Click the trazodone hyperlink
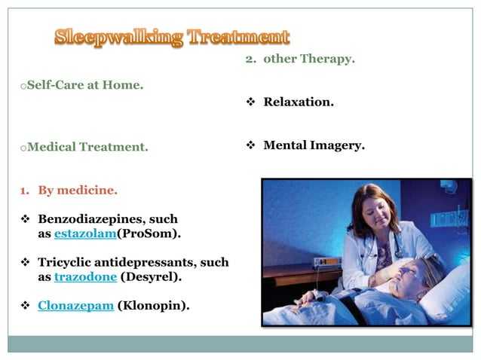click(x=85, y=276)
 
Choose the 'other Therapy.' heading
click(x=308, y=59)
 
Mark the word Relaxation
click(x=298, y=102)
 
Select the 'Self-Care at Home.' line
click(x=84, y=85)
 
